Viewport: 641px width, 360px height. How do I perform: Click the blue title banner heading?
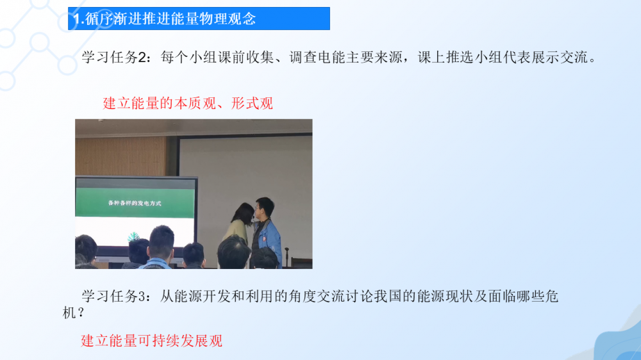199,19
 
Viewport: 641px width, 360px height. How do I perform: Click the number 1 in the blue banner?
76,19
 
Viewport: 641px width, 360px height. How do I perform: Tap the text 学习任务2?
113,57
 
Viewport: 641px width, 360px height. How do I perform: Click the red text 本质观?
195,103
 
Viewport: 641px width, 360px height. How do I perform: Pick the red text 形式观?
252,103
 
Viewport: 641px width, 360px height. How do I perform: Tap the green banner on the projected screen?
135,202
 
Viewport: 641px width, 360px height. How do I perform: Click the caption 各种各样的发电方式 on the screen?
135,202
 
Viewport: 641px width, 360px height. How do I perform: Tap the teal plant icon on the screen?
133,236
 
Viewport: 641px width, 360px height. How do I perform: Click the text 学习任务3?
113,296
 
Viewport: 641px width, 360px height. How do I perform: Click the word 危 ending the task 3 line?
551,296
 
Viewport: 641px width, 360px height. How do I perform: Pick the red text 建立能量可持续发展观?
152,341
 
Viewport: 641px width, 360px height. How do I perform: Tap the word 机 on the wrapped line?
69,313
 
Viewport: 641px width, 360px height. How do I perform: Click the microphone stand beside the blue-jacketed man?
287,257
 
